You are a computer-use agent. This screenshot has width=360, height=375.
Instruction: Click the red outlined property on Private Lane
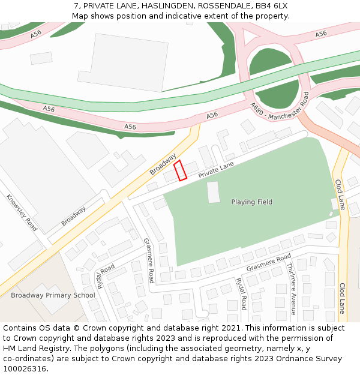181,170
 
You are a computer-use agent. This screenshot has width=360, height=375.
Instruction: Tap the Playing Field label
251,202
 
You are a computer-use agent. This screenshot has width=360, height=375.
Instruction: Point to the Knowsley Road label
22,212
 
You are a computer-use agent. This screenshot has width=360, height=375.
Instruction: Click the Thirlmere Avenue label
292,289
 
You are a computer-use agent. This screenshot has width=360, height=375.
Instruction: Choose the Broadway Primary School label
53,295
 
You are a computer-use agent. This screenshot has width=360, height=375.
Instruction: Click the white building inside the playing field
214,192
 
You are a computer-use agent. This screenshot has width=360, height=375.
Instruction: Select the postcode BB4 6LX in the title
271,5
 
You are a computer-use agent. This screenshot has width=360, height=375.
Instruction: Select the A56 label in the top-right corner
321,34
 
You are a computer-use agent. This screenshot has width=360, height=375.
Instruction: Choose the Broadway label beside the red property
163,164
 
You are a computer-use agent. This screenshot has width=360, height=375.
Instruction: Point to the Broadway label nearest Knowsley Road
73,216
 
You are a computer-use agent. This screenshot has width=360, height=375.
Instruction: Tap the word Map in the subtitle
80,16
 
